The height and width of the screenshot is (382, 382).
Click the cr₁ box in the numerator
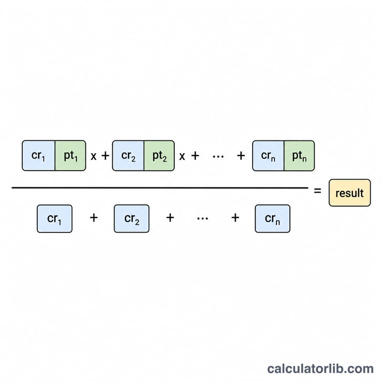[x=39, y=156]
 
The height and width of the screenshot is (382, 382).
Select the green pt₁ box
[x=70, y=156]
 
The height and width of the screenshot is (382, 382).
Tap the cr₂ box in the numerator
[x=128, y=156]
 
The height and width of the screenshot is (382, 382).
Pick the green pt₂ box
[x=159, y=156]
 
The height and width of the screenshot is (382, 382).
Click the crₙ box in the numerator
[x=268, y=156]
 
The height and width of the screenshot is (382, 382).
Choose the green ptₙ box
[x=299, y=156]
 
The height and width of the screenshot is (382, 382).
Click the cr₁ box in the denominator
[x=54, y=219]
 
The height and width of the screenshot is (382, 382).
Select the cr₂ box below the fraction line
[x=132, y=219]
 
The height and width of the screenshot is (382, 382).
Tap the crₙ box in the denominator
[x=273, y=219]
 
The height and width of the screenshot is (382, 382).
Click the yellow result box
[x=350, y=193]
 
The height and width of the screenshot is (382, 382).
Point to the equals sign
[x=318, y=191]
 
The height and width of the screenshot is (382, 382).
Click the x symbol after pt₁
[x=94, y=156]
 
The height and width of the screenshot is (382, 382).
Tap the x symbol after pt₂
[x=182, y=156]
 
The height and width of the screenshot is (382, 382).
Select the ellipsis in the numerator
[x=218, y=157]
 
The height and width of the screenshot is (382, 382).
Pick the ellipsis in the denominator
[x=202, y=219]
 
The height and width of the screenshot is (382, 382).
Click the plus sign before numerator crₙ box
[x=241, y=156]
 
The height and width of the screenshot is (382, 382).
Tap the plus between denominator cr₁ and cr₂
[x=94, y=218]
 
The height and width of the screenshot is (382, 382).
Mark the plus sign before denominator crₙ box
[x=235, y=218]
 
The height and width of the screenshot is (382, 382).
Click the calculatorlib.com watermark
[x=320, y=369]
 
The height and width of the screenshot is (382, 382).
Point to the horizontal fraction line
[x=160, y=188]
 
